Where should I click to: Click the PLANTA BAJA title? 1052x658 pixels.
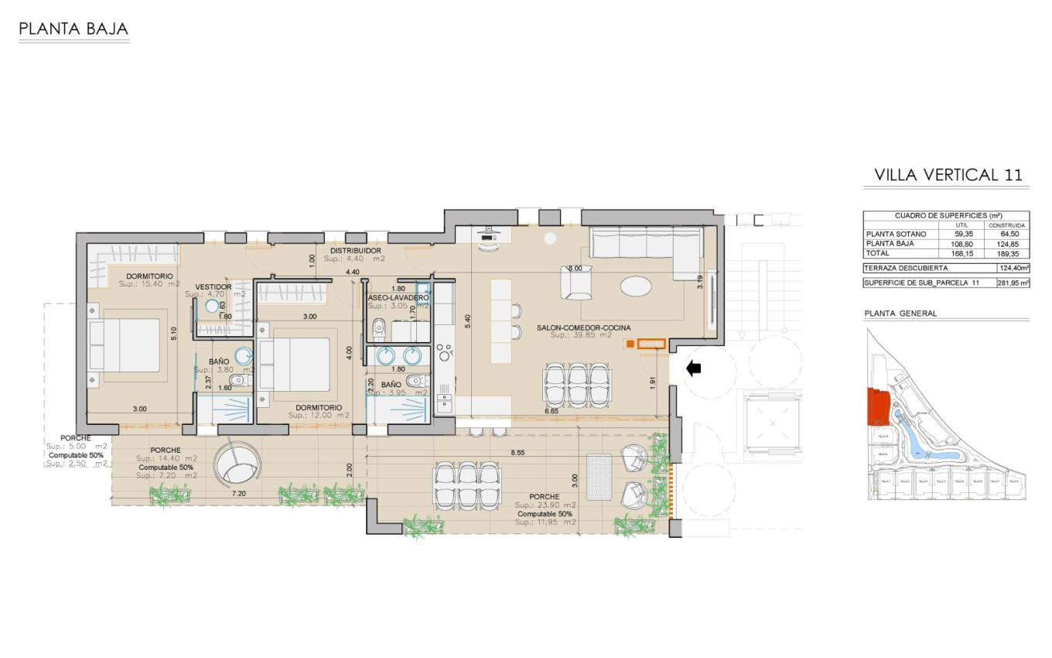pyautogui.click(x=73, y=30)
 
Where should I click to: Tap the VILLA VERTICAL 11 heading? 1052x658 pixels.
pyautogui.click(x=948, y=175)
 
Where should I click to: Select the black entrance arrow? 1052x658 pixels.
pyautogui.click(x=693, y=369)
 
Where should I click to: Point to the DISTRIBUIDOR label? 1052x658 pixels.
pyautogui.click(x=356, y=251)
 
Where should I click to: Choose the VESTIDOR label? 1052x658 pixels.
pyautogui.click(x=213, y=286)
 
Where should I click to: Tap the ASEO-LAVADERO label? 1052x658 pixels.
pyautogui.click(x=398, y=297)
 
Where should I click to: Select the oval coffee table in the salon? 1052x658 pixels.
pyautogui.click(x=636, y=286)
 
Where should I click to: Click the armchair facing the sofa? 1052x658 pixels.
pyautogui.click(x=577, y=283)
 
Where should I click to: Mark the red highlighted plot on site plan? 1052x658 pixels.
pyautogui.click(x=876, y=406)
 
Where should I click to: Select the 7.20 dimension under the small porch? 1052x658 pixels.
pyautogui.click(x=239, y=493)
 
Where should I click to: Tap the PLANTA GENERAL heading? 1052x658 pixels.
pyautogui.click(x=900, y=314)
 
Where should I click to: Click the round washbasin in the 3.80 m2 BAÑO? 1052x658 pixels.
pyautogui.click(x=244, y=356)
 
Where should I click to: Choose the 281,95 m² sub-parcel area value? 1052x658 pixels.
pyautogui.click(x=1013, y=283)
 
